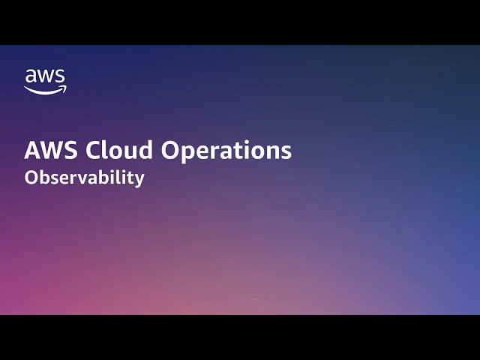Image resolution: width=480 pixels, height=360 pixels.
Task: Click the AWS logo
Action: [x=45, y=81]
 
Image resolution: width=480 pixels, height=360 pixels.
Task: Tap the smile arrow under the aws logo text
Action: [x=45, y=90]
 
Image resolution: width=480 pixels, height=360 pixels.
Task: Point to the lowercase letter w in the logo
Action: [x=45, y=76]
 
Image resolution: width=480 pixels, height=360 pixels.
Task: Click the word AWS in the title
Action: [x=52, y=150]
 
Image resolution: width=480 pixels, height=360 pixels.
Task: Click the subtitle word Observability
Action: [x=84, y=178]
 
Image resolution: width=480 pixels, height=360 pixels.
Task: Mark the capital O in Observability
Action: [x=31, y=178]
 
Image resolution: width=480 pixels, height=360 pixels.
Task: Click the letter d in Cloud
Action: [x=148, y=150]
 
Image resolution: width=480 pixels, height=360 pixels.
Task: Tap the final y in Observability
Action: [x=139, y=181]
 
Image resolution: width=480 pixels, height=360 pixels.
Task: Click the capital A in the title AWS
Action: [x=33, y=150]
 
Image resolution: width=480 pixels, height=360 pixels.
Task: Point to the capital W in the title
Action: [x=52, y=150]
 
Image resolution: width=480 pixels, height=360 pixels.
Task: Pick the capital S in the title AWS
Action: [x=71, y=150]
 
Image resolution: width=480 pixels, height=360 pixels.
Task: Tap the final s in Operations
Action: [x=286, y=151]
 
